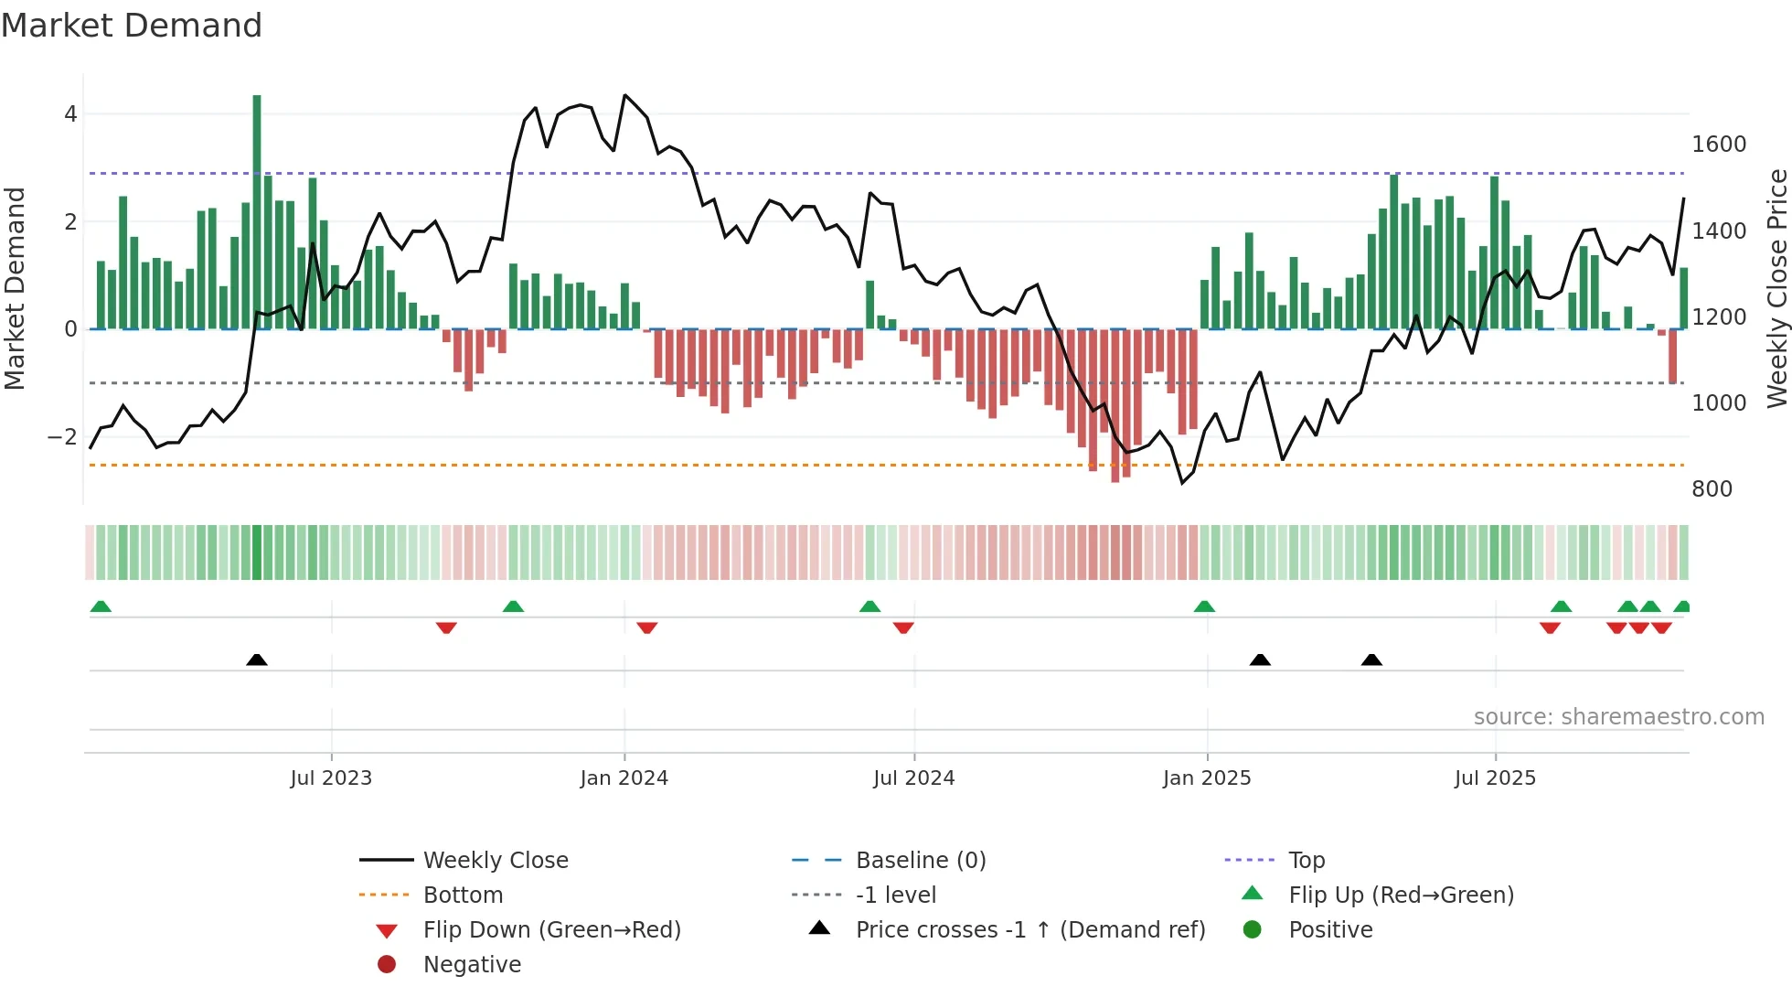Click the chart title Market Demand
132,26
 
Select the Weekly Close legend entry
495,860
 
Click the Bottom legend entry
463,895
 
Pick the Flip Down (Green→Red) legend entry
551,929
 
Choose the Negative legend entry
472,964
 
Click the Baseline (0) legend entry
920,860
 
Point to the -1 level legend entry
895,895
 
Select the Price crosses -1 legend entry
1029,929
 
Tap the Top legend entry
1306,860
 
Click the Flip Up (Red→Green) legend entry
1401,895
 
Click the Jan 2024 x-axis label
624,777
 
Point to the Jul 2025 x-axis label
1495,777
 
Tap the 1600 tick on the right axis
1719,144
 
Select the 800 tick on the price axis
1712,488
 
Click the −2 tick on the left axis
62,436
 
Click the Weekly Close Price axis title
1776,288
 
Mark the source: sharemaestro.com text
1618,716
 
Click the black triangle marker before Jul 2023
257,659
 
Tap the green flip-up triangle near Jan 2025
1204,606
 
